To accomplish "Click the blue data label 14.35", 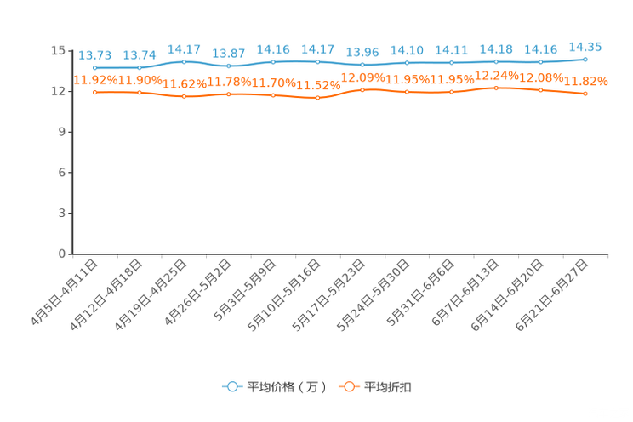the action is (585, 48).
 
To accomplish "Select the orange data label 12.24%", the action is (496, 76).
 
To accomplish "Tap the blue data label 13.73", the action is (95, 55).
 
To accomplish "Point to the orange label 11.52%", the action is (318, 85).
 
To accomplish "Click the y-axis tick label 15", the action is (58, 50).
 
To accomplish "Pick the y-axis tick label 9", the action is (62, 132).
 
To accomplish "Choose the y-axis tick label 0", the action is (62, 254).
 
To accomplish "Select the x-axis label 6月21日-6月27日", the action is (552, 295).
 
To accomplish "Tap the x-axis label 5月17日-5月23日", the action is (329, 295).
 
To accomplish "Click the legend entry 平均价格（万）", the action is (275, 387).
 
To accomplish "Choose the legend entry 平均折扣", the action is (375, 387).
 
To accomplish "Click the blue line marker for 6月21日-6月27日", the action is (585, 60).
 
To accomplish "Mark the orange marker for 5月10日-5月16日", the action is (317, 98).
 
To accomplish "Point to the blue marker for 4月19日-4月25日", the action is (184, 62).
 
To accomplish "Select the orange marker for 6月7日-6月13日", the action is (496, 88).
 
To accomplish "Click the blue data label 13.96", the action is (362, 53).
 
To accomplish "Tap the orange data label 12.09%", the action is (362, 77).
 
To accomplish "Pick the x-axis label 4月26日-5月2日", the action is (198, 292).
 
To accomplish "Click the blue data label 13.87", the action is (229, 54).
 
